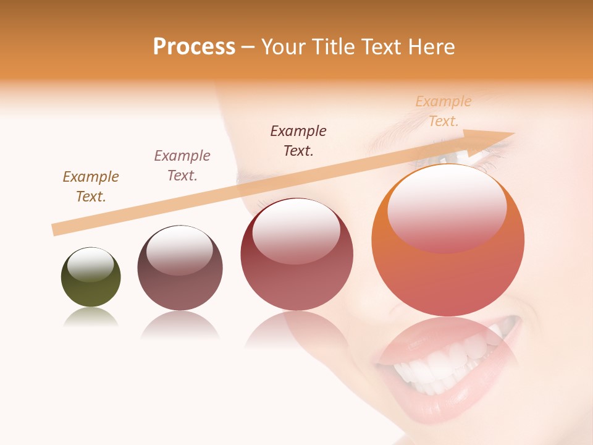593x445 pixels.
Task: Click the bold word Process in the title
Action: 194,47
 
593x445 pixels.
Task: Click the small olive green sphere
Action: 91,278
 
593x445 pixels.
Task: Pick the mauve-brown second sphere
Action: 180,269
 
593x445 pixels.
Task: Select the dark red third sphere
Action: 296,255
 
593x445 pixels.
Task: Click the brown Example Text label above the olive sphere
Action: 91,187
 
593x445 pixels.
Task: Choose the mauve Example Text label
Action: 182,166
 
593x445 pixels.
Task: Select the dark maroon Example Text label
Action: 298,141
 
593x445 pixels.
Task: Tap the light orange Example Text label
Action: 444,111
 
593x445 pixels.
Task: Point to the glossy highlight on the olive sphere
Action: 91,265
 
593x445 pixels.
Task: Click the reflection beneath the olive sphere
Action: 91,318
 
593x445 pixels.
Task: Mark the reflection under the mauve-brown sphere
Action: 180,325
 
